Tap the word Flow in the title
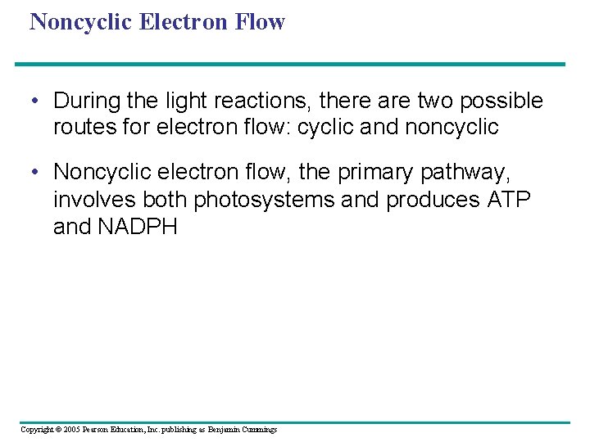click(260, 21)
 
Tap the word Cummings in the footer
click(258, 430)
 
